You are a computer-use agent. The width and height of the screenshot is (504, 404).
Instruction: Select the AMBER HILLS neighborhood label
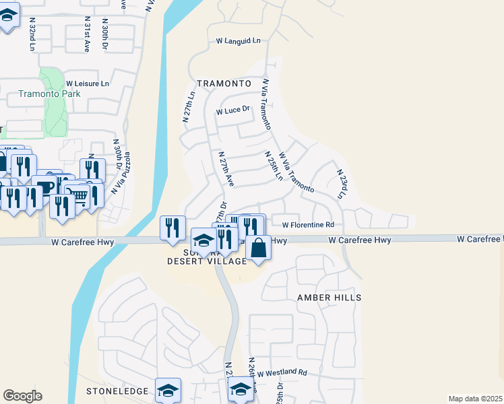click(x=329, y=298)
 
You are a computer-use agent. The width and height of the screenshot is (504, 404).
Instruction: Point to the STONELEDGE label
click(x=117, y=391)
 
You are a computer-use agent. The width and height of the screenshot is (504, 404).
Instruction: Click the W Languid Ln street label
click(x=238, y=41)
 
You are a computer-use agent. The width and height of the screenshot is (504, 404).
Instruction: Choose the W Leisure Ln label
click(x=88, y=83)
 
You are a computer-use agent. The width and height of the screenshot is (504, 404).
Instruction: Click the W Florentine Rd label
click(x=308, y=225)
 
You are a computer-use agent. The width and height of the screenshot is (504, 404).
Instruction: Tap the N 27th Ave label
click(x=226, y=168)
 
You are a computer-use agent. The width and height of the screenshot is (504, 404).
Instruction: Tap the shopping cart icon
click(x=78, y=196)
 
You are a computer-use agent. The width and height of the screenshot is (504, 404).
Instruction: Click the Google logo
click(x=22, y=396)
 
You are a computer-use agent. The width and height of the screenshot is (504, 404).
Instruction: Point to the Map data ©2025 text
click(x=475, y=399)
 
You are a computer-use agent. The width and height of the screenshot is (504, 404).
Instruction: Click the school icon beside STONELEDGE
click(x=168, y=389)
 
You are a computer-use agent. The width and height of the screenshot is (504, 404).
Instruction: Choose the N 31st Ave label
click(x=87, y=36)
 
